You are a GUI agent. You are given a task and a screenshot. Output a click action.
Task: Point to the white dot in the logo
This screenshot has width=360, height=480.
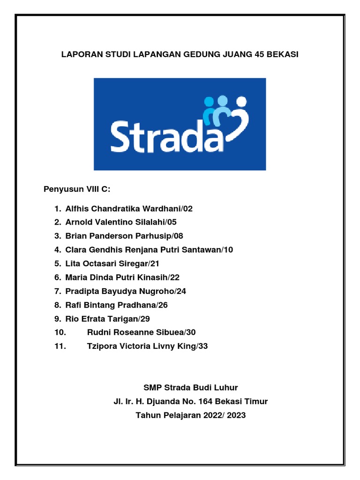pos(241,100)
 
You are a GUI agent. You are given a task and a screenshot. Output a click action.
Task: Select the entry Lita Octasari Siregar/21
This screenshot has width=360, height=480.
pos(112,263)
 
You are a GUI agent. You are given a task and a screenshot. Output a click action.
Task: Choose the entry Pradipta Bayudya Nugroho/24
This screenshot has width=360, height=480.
pos(126,291)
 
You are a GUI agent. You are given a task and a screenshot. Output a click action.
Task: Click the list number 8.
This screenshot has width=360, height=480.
pos(56,305)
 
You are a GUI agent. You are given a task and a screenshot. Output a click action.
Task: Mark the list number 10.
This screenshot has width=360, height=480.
pos(60,332)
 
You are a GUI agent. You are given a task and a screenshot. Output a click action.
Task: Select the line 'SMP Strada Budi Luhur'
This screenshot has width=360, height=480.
pos(190,387)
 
